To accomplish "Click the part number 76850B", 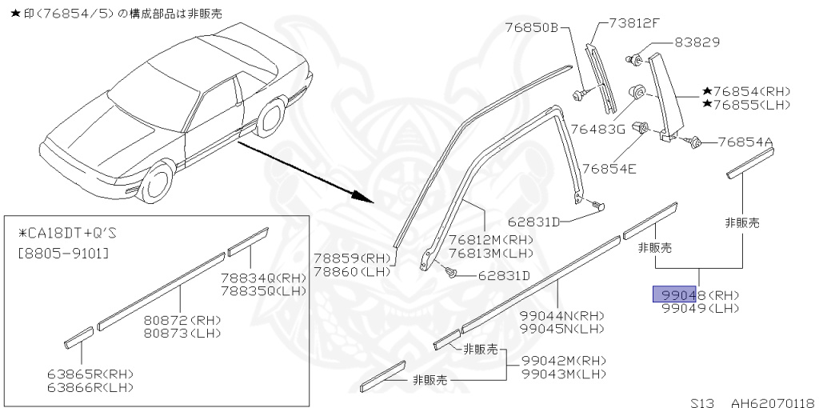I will point(531,26).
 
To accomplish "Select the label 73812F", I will point(633,22).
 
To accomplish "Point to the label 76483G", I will point(597,130).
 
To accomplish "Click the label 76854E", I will point(608,168).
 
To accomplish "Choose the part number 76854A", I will point(745,142).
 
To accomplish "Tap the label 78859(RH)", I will point(350,258).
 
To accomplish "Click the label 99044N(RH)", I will point(561,315).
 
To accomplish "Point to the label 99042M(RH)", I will point(563,361).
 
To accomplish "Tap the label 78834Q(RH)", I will point(263,278).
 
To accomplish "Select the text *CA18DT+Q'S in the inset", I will point(67,234).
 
